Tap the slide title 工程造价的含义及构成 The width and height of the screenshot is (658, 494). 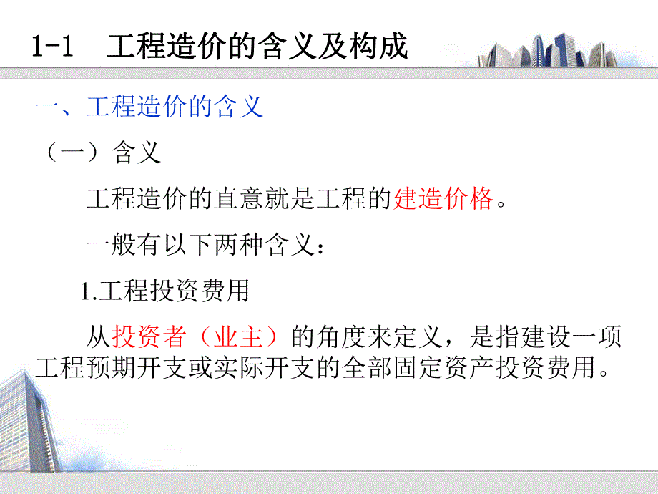point(257,47)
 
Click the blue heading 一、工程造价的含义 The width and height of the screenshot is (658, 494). point(150,107)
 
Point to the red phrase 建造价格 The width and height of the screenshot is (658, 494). point(443,199)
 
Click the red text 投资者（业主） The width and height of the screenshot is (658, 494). point(194,336)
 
